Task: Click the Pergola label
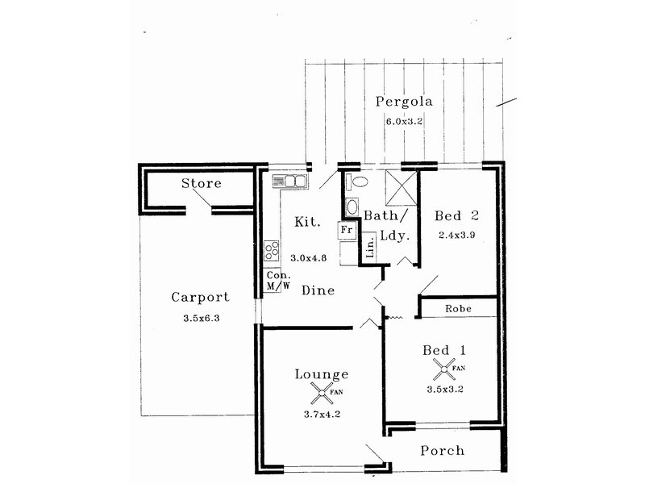coord(404,102)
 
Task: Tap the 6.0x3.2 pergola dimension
coord(404,122)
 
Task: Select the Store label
coord(201,183)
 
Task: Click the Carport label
coord(200,297)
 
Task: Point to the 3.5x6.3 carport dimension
coord(201,318)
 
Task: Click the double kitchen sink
coord(289,181)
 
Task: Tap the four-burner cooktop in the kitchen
coord(272,251)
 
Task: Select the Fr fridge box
coord(347,230)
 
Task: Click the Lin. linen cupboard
coord(369,247)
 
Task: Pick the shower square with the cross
coord(401,188)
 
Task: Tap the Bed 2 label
coord(456,215)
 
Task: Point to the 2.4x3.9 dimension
coord(456,235)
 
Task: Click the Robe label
coord(458,309)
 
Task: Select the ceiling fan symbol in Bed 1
coord(443,369)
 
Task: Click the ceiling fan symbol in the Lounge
coord(321,393)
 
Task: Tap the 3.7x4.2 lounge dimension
coord(322,415)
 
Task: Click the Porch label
coord(442,451)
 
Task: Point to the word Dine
coord(318,290)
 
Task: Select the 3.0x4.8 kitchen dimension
coord(309,258)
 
